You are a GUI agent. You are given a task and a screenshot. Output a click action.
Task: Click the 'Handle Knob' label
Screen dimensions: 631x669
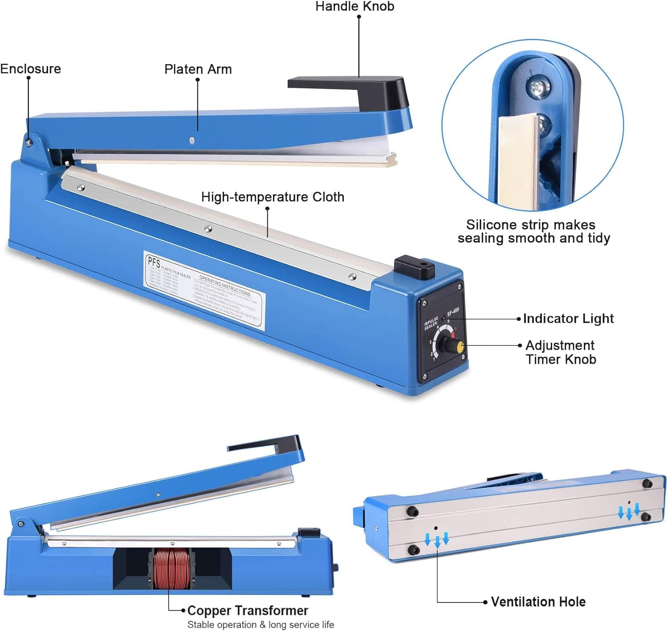(x=355, y=7)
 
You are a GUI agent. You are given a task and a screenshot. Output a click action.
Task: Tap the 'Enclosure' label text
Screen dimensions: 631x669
(x=30, y=69)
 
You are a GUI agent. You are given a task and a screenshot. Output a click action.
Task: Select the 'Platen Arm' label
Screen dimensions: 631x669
(x=198, y=70)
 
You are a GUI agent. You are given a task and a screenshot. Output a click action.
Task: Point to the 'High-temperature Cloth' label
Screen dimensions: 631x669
(x=273, y=197)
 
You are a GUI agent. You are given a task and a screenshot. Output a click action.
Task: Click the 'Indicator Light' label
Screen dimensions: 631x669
(x=568, y=319)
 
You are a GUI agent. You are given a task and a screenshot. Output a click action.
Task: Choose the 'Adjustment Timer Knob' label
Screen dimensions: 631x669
(x=560, y=352)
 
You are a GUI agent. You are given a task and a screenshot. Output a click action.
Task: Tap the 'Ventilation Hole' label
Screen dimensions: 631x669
(x=538, y=602)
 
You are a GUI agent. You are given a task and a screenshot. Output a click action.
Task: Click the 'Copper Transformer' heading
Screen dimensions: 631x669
(x=248, y=610)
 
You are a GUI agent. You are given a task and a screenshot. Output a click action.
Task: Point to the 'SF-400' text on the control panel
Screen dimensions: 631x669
(x=453, y=312)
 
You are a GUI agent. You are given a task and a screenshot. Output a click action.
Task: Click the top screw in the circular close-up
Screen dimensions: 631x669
(x=534, y=87)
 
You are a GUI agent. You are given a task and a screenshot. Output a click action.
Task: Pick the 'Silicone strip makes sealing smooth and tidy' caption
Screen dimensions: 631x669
(x=533, y=231)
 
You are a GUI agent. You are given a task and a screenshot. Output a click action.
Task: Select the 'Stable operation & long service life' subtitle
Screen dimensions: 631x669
(x=260, y=625)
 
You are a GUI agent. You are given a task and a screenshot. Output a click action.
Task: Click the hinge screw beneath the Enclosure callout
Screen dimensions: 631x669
(x=29, y=143)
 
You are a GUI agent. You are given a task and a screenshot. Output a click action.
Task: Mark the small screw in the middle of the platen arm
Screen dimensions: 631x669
(x=192, y=140)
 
